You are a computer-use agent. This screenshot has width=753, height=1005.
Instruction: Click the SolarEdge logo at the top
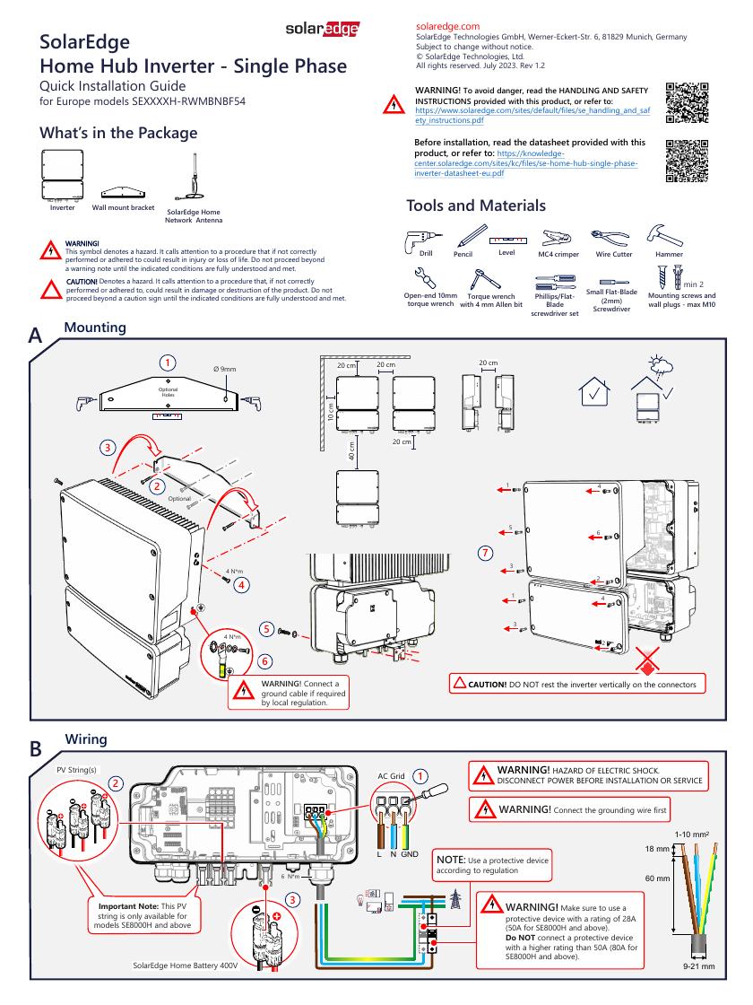323,30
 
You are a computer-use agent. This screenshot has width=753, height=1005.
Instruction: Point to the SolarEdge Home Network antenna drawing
194,179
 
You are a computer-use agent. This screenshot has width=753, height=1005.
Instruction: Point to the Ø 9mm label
224,369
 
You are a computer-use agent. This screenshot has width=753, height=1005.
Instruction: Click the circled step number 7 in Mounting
486,552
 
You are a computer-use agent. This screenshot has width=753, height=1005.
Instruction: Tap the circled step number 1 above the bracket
167,363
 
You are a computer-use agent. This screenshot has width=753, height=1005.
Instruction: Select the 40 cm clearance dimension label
352,452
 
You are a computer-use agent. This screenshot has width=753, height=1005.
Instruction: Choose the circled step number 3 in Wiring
292,899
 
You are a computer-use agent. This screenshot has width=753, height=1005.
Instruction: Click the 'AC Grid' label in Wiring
392,775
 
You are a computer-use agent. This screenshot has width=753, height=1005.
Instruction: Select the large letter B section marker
36,748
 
